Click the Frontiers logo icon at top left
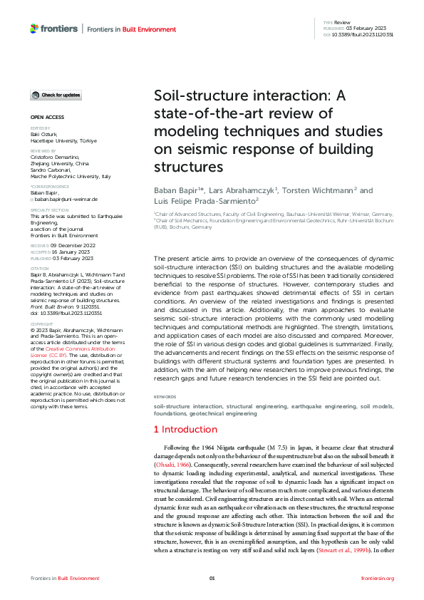pyautogui.click(x=35, y=29)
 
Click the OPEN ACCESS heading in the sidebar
pyautogui.click(x=47, y=116)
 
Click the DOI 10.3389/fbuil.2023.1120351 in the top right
pyautogui.click(x=363, y=34)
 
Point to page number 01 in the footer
pyautogui.click(x=212, y=578)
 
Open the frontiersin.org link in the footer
pyautogui.click(x=378, y=578)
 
